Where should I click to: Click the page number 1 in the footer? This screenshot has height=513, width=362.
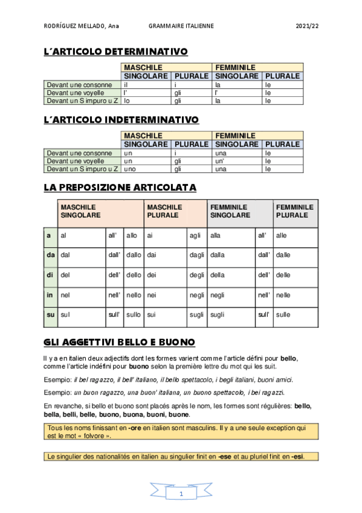pyautogui.click(x=181, y=494)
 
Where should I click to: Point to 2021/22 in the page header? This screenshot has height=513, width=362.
pyautogui.click(x=307, y=27)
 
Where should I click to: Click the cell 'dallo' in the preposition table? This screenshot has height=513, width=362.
pyautogui.click(x=134, y=256)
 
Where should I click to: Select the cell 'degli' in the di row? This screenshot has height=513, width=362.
pyautogui.click(x=196, y=275)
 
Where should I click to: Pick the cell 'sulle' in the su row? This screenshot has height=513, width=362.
pyautogui.click(x=283, y=315)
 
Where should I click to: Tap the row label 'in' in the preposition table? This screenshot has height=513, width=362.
pyautogui.click(x=50, y=295)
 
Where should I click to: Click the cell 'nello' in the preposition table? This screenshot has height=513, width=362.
pyautogui.click(x=134, y=295)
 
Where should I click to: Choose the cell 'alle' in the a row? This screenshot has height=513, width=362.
pyautogui.click(x=282, y=236)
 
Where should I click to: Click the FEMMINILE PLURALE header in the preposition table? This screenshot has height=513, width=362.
pyautogui.click(x=295, y=211)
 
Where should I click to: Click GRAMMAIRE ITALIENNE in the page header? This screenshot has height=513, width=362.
pyautogui.click(x=181, y=27)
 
